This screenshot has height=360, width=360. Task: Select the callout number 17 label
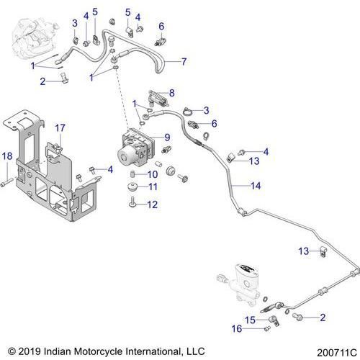tap(60, 127)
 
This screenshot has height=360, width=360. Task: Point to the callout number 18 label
tap(7, 156)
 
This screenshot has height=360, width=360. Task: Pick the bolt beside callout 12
tap(135, 204)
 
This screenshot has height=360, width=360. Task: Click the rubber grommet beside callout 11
tap(134, 188)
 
